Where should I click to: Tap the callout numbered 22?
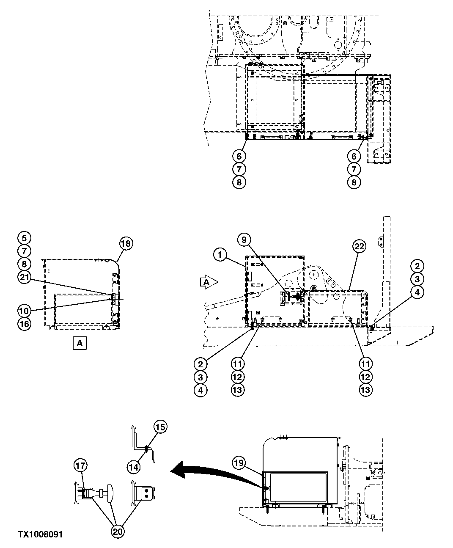[360, 246]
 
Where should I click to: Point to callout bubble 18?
[126, 243]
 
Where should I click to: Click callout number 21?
[25, 277]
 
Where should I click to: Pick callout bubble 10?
[25, 311]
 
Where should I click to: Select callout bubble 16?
[25, 324]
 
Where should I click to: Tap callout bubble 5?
[25, 237]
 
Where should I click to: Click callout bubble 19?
[239, 463]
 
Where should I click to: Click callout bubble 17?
[81, 465]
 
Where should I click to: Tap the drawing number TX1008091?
[40, 534]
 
